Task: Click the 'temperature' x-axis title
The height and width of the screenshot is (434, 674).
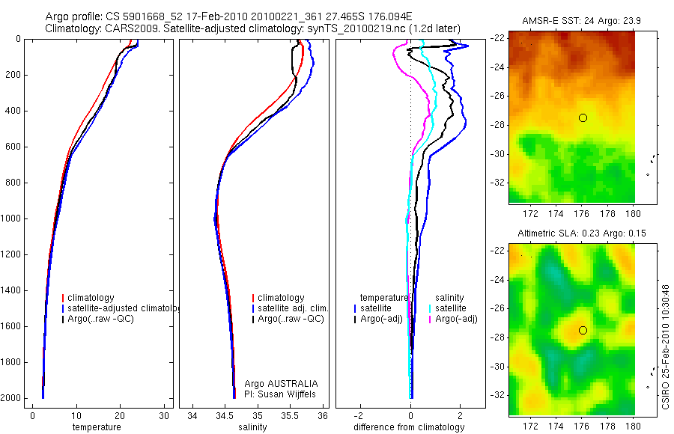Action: click(96, 427)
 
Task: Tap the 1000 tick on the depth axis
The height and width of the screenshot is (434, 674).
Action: click(12, 219)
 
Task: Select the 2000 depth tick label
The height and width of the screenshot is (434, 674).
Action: click(12, 399)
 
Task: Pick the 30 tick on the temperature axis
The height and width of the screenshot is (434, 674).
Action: click(164, 416)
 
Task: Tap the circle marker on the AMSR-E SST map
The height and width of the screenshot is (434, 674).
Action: click(583, 117)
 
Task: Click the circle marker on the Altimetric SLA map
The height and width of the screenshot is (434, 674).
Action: click(583, 330)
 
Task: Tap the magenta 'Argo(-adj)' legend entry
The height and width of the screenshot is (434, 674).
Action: click(455, 319)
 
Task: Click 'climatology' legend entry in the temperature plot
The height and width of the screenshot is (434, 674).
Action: click(91, 298)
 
